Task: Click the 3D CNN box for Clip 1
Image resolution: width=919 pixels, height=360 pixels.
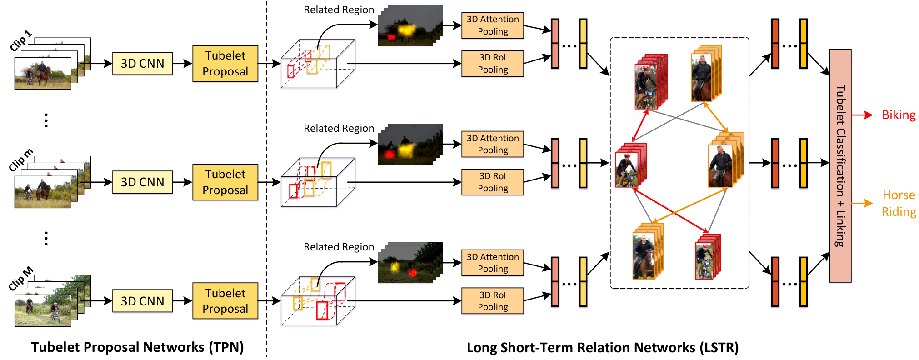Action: [142, 64]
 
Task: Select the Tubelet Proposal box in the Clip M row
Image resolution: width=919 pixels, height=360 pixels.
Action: [225, 301]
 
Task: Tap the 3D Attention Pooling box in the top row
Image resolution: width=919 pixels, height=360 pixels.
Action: [493, 25]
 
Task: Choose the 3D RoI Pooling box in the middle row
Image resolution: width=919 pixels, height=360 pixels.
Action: [493, 182]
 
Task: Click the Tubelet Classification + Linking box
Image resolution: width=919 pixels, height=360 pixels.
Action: [840, 166]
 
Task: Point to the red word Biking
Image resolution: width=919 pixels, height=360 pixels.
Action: [899, 115]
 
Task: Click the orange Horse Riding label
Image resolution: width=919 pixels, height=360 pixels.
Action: [899, 203]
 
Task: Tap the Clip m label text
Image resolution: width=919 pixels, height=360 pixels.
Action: [21, 160]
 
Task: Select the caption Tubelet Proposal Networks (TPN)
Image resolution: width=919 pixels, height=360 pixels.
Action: [137, 347]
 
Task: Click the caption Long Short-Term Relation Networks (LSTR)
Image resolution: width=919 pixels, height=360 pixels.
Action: [603, 348]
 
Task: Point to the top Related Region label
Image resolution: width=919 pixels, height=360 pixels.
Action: [339, 10]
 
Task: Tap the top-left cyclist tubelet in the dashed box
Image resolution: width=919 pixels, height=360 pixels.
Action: [651, 82]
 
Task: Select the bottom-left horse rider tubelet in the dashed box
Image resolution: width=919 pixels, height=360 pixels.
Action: [648, 251]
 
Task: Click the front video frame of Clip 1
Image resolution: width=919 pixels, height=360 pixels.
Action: [43, 73]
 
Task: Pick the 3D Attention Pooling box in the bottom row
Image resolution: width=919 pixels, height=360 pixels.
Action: [493, 263]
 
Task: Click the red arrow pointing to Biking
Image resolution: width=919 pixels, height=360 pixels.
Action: [862, 115]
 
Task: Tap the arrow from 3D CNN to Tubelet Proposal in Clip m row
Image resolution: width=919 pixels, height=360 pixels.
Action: [182, 182]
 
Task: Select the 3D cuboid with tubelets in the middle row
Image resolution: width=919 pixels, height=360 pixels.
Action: [318, 182]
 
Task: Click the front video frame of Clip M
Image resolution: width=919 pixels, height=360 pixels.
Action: [43, 310]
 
